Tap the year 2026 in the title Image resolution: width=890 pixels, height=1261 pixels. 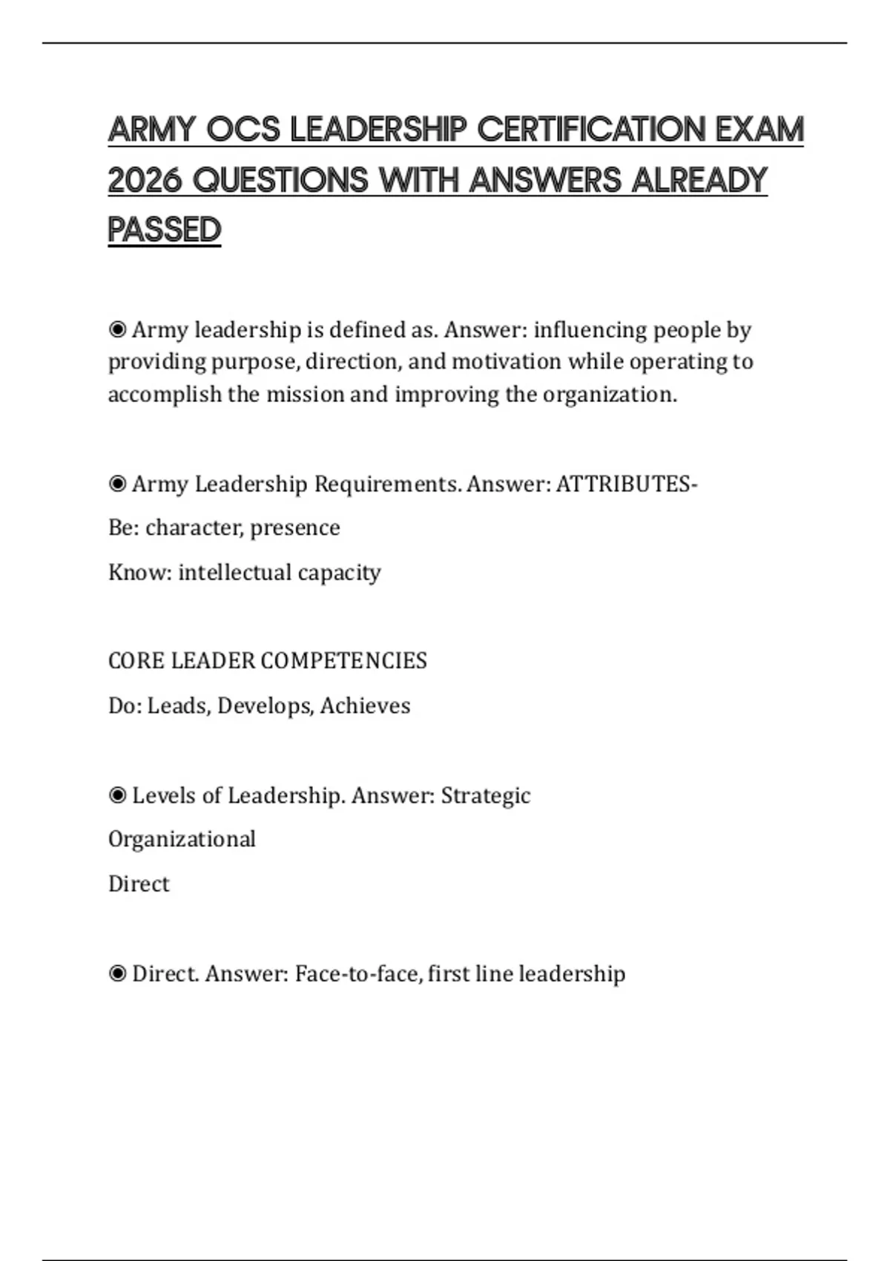click(x=145, y=180)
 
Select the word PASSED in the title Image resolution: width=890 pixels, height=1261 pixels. click(x=165, y=230)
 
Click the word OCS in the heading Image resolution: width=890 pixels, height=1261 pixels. click(x=243, y=129)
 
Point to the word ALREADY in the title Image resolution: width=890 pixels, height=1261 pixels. click(x=699, y=180)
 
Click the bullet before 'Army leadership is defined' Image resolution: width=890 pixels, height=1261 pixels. click(x=117, y=329)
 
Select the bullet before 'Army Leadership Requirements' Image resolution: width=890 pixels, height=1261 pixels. click(x=117, y=484)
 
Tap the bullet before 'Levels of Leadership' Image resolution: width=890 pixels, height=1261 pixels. click(x=117, y=796)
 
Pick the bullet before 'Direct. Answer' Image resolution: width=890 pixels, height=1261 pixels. click(x=117, y=974)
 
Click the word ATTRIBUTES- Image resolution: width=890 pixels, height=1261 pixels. click(x=627, y=484)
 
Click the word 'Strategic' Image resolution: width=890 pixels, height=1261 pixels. click(x=486, y=796)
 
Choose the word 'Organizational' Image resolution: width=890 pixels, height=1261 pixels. click(x=182, y=839)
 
